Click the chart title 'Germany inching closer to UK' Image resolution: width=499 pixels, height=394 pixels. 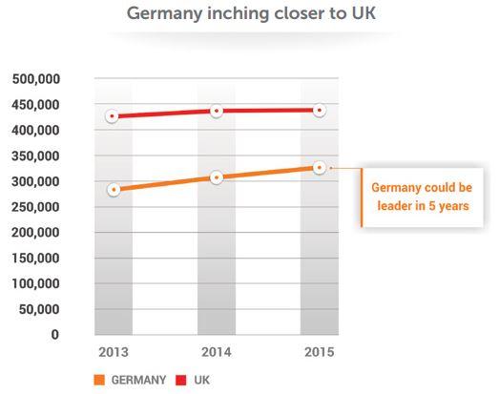pyautogui.click(x=251, y=14)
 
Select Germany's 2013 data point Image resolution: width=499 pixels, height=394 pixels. pyautogui.click(x=114, y=190)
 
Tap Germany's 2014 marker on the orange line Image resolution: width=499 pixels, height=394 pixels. pyautogui.click(x=217, y=177)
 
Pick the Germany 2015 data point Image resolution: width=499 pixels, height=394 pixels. pyautogui.click(x=320, y=167)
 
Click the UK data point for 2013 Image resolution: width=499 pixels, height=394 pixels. pyautogui.click(x=112, y=116)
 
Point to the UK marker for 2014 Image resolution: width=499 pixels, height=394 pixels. pyautogui.click(x=217, y=111)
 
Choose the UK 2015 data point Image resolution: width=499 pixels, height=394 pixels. pyautogui.click(x=320, y=111)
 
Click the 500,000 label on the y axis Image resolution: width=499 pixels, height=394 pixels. pyautogui.click(x=36, y=79)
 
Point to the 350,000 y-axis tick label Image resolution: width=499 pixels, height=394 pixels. pyautogui.click(x=35, y=156)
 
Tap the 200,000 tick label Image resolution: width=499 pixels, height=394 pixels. pyautogui.click(x=35, y=233)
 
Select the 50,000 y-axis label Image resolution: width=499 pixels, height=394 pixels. pyautogui.click(x=39, y=309)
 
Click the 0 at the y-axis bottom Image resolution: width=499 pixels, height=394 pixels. pyautogui.click(x=55, y=335)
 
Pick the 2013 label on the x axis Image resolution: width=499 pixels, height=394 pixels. pyautogui.click(x=114, y=352)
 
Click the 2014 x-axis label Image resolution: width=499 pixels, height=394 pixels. pyautogui.click(x=217, y=352)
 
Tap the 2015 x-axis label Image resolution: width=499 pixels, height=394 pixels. pyautogui.click(x=320, y=352)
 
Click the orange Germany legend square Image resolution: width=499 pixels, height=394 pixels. pyautogui.click(x=99, y=380)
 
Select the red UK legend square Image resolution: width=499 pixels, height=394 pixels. pyautogui.click(x=181, y=380)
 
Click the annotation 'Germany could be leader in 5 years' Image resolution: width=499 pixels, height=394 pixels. pyautogui.click(x=422, y=197)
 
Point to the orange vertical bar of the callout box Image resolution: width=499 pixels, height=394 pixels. pyautogui.click(x=362, y=197)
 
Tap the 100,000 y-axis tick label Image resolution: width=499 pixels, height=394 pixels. pyautogui.click(x=35, y=283)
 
